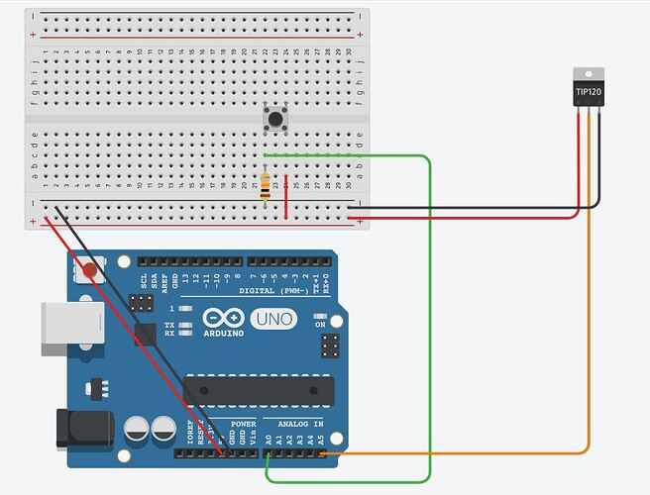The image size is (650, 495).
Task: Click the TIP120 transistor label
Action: [x=589, y=93]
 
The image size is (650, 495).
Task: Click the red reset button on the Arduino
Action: [x=92, y=267]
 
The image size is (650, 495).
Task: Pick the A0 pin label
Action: [x=269, y=437]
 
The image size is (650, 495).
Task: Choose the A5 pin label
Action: [x=322, y=437]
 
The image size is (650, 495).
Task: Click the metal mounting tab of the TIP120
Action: [x=589, y=74]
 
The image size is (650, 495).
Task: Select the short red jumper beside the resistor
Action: [x=287, y=196]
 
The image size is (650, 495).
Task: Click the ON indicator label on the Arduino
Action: [x=319, y=324]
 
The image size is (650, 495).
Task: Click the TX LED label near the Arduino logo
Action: [x=170, y=324]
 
